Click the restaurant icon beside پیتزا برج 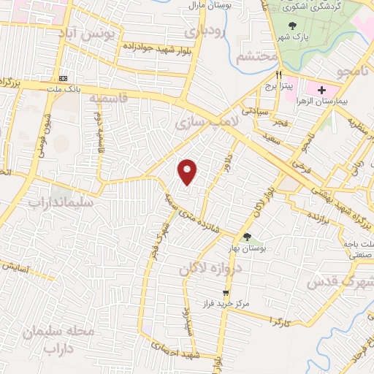[x=278, y=75]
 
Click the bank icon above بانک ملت [x=63, y=78]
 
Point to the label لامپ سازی [x=194, y=124]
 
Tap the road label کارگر [x=280, y=321]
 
